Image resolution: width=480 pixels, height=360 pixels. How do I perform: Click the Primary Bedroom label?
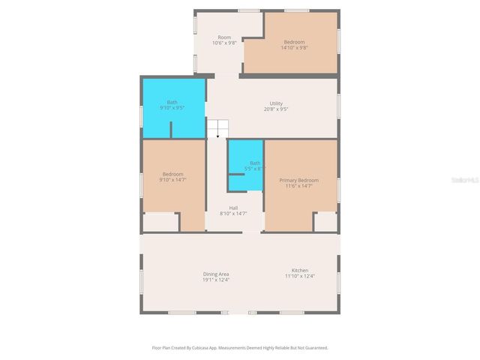[298, 180]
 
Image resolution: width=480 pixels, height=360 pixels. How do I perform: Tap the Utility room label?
[276, 103]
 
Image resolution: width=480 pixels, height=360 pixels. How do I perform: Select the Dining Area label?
[216, 273]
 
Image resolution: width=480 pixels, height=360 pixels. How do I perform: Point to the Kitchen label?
[300, 270]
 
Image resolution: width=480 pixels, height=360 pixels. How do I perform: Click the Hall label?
[233, 208]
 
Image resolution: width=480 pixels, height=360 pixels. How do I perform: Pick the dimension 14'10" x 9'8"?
[294, 48]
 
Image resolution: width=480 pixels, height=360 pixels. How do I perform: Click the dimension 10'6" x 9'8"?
[224, 43]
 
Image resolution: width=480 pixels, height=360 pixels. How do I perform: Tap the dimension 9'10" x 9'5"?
[172, 108]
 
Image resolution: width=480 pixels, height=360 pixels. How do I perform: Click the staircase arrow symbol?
[217, 135]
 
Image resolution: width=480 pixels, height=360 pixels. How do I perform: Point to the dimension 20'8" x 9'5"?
[276, 109]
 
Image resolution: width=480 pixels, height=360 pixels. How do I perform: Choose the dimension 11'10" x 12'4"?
[300, 276]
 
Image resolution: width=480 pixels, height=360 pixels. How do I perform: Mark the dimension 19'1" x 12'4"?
[216, 280]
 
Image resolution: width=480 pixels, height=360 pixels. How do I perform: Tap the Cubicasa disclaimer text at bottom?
[240, 348]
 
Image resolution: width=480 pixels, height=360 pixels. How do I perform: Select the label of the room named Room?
[224, 37]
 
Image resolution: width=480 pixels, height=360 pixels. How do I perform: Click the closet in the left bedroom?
[160, 223]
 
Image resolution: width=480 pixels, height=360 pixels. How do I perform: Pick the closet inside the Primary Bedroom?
[325, 222]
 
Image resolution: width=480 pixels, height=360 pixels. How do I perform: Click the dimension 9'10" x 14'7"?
[172, 180]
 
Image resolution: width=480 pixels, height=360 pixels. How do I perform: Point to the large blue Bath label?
[172, 102]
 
